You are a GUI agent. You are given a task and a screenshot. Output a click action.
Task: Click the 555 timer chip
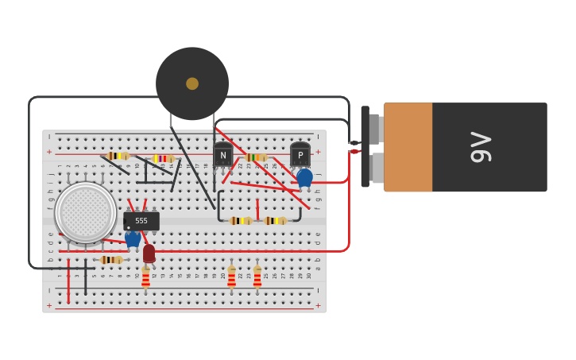tap(141, 221)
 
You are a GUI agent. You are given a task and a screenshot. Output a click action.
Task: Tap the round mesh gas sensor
tap(86, 212)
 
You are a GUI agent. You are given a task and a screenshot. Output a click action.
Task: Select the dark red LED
tap(149, 253)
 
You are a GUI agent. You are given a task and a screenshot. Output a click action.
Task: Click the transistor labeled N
tap(222, 155)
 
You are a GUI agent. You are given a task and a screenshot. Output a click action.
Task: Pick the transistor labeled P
tap(300, 155)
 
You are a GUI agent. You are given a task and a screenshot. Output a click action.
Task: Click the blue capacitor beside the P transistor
tap(304, 177)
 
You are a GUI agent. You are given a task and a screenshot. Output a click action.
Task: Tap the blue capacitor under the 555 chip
tap(133, 238)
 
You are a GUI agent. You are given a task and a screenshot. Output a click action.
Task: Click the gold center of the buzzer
tap(192, 83)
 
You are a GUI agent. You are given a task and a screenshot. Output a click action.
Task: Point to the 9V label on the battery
tap(481, 147)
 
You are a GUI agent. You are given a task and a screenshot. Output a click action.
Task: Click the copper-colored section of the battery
tap(408, 147)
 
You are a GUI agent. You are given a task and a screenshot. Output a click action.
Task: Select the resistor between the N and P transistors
tap(254, 157)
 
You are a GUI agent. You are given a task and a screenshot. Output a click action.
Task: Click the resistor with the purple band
tap(164, 158)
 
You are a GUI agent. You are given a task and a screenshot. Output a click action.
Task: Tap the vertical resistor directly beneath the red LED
tap(145, 278)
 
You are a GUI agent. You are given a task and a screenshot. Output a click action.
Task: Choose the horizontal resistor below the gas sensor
tap(111, 260)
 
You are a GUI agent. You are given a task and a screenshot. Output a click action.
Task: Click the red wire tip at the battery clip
tap(354, 151)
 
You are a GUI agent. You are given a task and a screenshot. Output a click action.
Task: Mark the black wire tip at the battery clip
tap(354, 143)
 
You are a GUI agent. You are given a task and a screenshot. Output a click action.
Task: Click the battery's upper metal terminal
tap(376, 128)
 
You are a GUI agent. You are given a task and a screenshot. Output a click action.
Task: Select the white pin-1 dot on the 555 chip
tap(129, 227)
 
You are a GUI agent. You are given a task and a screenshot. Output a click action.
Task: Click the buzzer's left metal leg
tap(171, 121)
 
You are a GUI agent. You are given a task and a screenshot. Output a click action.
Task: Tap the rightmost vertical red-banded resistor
tap(257, 277)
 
